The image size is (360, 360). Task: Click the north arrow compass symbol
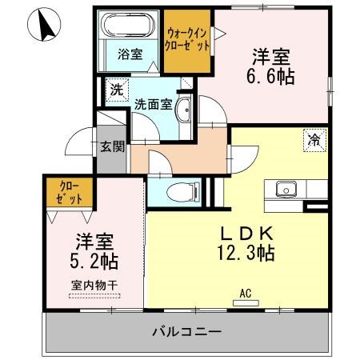click(x=44, y=25)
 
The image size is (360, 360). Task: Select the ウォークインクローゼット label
click(x=187, y=40)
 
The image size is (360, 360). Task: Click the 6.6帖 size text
click(x=270, y=77)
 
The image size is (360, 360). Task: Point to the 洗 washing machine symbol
click(x=117, y=90)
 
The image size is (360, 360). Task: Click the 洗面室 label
click(x=153, y=104)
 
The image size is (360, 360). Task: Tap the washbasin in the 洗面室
click(x=183, y=110)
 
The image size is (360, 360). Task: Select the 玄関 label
click(x=112, y=146)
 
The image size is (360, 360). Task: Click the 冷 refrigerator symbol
click(x=314, y=140)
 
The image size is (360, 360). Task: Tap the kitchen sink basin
click(x=286, y=189)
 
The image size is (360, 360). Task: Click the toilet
click(x=183, y=191)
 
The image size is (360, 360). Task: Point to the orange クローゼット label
click(x=69, y=192)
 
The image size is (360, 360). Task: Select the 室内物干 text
click(x=94, y=286)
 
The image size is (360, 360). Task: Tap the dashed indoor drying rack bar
click(x=94, y=296)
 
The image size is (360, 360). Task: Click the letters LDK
click(x=246, y=234)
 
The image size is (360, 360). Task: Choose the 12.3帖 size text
click(x=246, y=253)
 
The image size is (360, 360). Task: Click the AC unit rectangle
click(x=246, y=303)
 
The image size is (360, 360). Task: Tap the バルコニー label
click(x=187, y=332)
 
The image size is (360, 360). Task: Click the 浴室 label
click(x=130, y=54)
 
